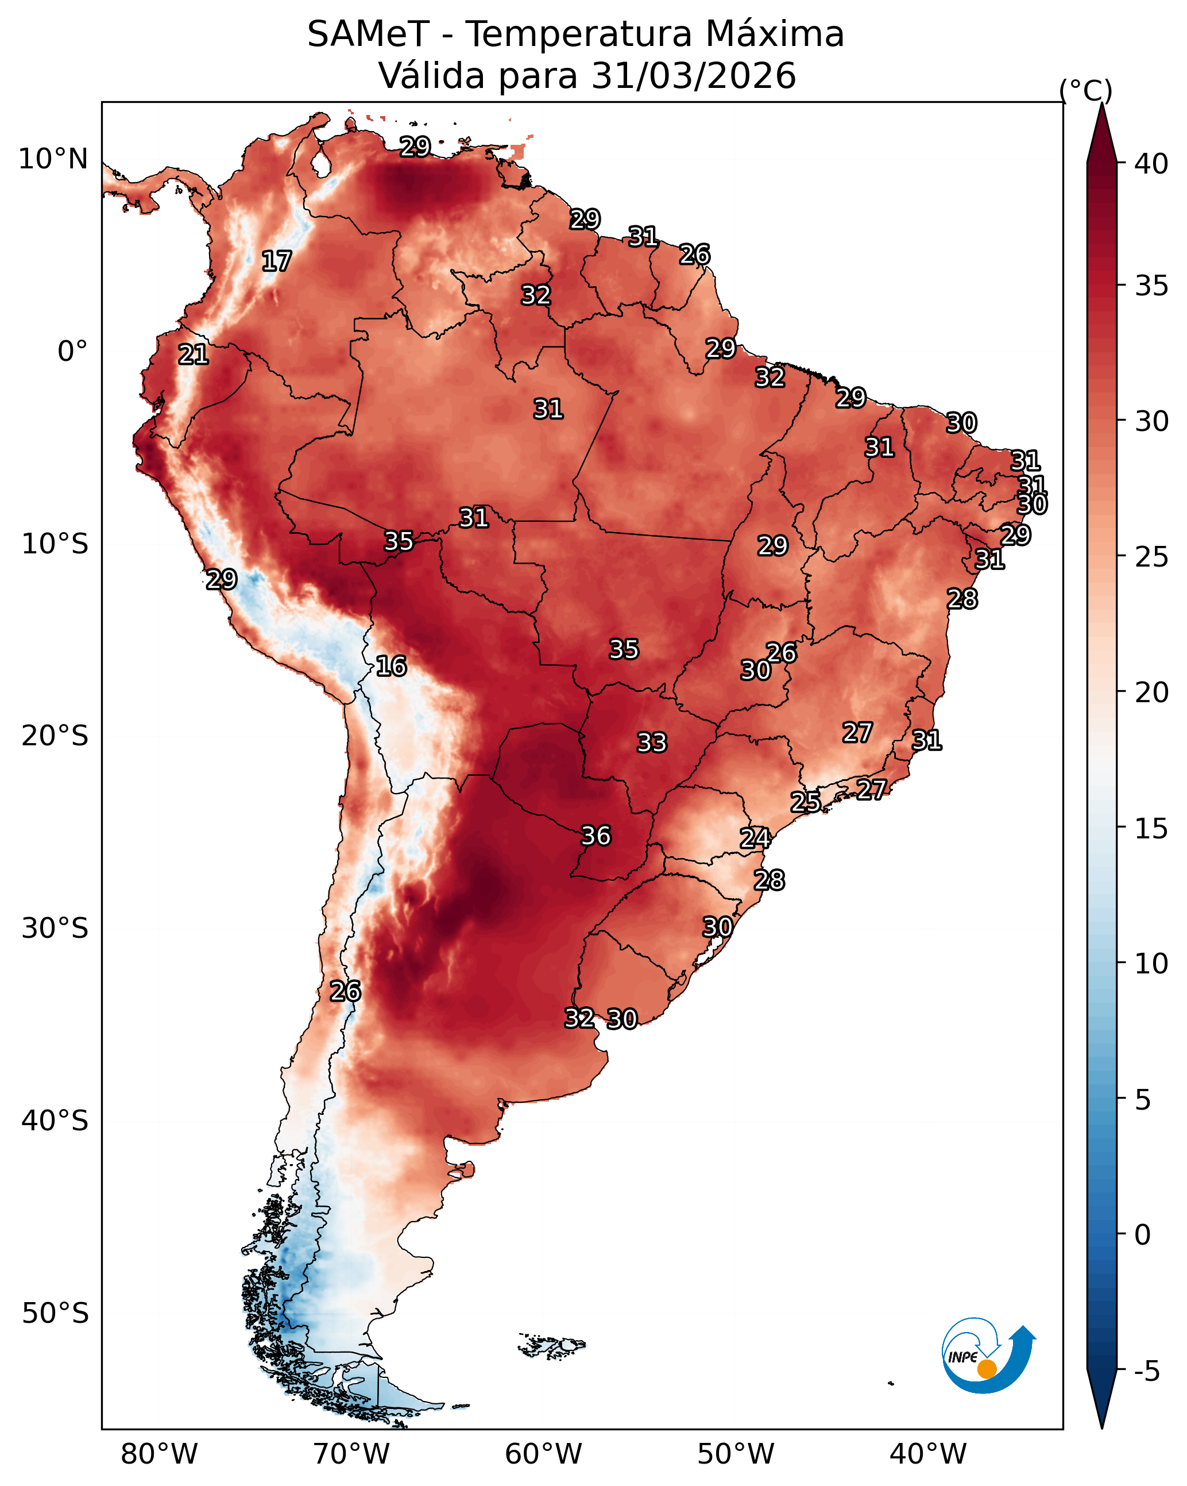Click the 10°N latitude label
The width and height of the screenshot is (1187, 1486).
point(53,159)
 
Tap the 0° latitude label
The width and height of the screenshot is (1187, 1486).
point(72,352)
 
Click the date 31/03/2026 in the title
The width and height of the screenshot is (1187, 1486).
point(693,76)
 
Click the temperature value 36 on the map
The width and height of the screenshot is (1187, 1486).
point(596,836)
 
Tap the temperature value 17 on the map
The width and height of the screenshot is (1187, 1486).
point(276,261)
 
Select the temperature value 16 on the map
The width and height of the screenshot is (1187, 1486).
point(390,666)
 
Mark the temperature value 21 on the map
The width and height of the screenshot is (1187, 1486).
point(193,355)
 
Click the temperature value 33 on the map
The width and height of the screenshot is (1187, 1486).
point(652,743)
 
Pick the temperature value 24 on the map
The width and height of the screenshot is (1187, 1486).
point(755,838)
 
